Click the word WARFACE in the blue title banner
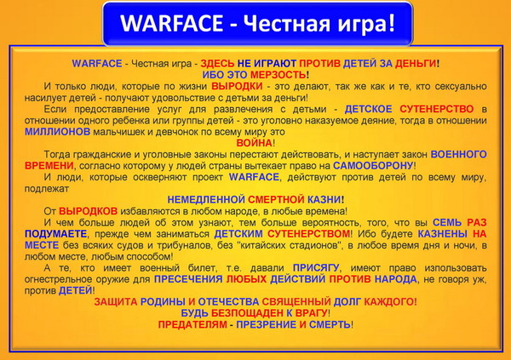[x=171, y=23]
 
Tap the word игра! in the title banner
[x=366, y=24]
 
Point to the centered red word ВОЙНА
[x=254, y=143]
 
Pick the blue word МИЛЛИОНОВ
[x=57, y=132]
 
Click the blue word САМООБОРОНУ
[x=373, y=165]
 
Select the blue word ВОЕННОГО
[x=458, y=154]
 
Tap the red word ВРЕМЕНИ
[x=49, y=165]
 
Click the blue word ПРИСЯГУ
[x=316, y=268]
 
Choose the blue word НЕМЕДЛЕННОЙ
[x=206, y=199]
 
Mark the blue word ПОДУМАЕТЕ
[x=55, y=234]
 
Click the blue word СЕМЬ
[x=447, y=222]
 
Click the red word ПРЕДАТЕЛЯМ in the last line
[x=192, y=324]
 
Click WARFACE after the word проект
[x=254, y=177]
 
